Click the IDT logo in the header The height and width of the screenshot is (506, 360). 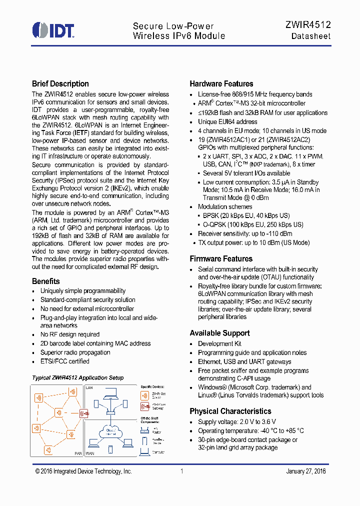53,30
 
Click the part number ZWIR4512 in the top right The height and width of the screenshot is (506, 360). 308,24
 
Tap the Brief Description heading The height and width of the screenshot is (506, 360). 60,84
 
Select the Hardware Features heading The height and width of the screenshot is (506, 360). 221,84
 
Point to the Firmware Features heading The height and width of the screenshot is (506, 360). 221,259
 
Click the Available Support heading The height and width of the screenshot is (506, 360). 219,333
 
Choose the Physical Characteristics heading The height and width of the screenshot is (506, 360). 230,411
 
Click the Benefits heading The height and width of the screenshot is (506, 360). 46,281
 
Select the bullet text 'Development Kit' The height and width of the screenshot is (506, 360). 219,343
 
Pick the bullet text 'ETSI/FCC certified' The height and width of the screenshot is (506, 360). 65,361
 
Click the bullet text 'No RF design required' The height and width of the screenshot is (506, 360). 70,334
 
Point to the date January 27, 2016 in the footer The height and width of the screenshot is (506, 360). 305,471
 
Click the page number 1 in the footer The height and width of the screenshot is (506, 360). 182,471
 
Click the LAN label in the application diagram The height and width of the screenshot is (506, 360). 89,388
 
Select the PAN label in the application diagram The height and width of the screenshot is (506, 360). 77,453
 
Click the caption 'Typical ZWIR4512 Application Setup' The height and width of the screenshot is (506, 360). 77,377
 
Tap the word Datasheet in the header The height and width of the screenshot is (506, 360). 311,36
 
